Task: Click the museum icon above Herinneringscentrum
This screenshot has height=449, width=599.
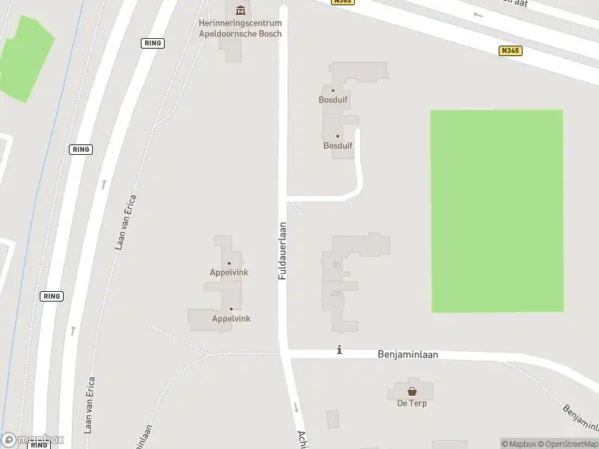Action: point(240,10)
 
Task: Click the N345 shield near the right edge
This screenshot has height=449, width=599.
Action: point(510,51)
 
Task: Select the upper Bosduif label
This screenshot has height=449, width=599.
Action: point(333,100)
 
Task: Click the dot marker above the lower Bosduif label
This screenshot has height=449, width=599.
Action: point(337,136)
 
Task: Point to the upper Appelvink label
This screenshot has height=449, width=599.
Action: point(228,272)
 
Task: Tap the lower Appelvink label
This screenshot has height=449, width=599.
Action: point(231,319)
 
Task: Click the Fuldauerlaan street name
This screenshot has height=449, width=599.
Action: point(283,251)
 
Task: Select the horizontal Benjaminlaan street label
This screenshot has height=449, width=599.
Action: point(408,355)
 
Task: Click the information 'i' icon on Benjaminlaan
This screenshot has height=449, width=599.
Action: point(340,349)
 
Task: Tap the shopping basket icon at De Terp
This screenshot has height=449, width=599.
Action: point(412,391)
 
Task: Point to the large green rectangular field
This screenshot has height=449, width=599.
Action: point(496,211)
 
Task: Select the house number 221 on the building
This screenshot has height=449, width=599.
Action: point(337,264)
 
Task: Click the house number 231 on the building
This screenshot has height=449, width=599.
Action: point(337,293)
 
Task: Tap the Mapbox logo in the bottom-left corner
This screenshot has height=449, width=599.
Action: point(33,440)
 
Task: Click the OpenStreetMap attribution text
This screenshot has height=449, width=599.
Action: point(568,444)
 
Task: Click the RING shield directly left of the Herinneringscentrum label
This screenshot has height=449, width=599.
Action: point(152,43)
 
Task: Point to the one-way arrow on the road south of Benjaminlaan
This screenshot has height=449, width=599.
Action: point(297,408)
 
